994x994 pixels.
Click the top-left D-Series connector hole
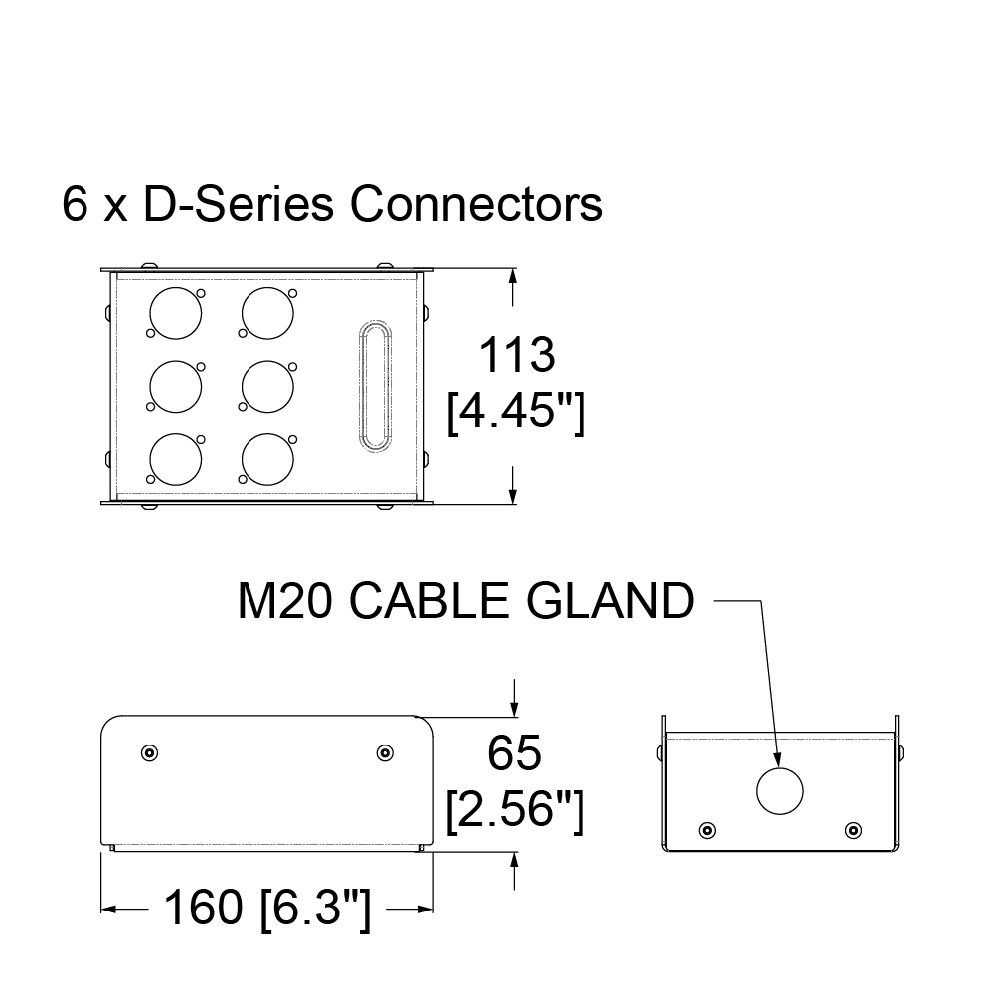(175, 313)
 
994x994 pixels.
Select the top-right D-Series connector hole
(266, 313)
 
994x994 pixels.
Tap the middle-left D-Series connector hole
(175, 386)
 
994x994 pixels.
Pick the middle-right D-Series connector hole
(266, 386)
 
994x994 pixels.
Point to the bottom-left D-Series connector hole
(175, 458)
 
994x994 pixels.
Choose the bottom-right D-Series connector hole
(266, 458)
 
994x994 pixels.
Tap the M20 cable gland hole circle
(779, 791)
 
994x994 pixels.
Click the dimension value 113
(516, 356)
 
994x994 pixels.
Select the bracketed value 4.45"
(515, 413)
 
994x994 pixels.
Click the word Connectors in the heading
(476, 205)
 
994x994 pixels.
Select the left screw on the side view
(148, 752)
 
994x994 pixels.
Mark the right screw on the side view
(384, 752)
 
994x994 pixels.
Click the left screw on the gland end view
(707, 830)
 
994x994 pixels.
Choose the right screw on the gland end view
(851, 830)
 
